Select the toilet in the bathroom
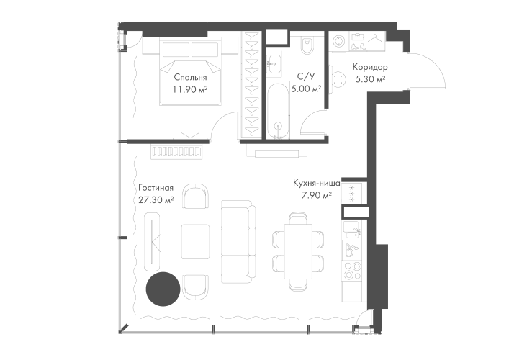(x=307, y=44)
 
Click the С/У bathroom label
(x=305, y=76)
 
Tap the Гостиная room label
(x=156, y=189)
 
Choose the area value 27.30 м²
(x=156, y=201)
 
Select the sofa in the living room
(x=237, y=240)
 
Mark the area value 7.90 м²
(x=317, y=195)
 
